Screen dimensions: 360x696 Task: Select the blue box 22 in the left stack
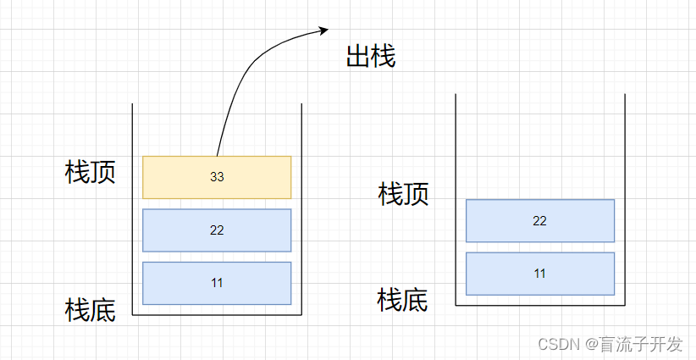[x=217, y=230]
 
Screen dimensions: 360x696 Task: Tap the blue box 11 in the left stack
[x=217, y=283]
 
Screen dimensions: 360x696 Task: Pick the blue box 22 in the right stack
[x=540, y=221]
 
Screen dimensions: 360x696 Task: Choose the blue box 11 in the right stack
[x=540, y=274]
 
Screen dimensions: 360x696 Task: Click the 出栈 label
[x=371, y=57]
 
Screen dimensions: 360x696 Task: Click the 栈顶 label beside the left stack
[x=91, y=172]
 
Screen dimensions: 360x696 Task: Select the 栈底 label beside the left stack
[x=91, y=309]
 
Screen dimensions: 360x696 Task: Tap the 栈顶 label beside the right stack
[x=403, y=194]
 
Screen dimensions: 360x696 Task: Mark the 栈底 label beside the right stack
[x=403, y=300]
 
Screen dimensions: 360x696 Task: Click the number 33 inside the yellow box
[x=217, y=177]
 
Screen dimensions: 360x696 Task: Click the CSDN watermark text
[x=557, y=344]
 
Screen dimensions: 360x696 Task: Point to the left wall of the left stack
[x=133, y=212]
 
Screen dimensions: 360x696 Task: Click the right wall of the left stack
[x=301, y=212]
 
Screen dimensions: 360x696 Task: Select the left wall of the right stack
[x=456, y=203]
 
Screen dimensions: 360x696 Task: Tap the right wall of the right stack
[x=625, y=203]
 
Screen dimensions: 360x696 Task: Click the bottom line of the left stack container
[x=217, y=314]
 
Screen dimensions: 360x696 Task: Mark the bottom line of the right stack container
[x=540, y=305]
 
